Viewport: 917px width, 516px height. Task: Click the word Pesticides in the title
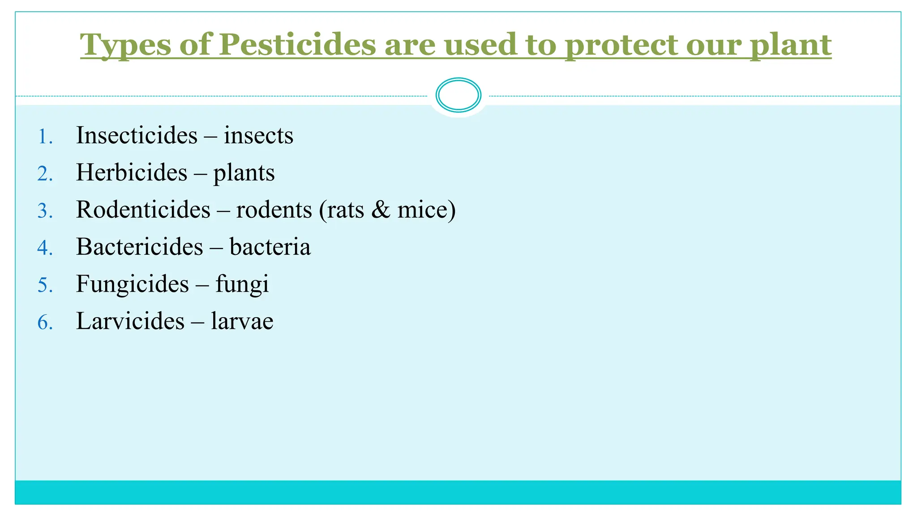click(x=297, y=45)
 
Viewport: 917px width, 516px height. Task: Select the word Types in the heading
click(x=125, y=46)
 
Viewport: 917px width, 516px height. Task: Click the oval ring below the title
click(x=458, y=95)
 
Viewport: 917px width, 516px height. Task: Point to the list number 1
click(x=45, y=136)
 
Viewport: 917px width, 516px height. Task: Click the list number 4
click(x=45, y=248)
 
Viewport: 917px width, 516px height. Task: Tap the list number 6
click(x=45, y=322)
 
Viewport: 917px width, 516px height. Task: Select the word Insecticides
click(x=137, y=135)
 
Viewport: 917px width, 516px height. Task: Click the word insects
click(x=258, y=135)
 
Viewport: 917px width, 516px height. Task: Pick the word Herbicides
click(x=132, y=172)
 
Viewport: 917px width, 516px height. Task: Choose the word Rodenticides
click(x=143, y=210)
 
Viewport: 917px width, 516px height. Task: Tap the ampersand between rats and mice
click(x=381, y=210)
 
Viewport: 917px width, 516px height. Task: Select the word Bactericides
click(x=140, y=247)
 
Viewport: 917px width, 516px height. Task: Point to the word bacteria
click(x=270, y=247)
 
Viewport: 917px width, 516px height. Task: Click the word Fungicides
click(x=133, y=284)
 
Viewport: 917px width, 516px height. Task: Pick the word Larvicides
click(x=130, y=321)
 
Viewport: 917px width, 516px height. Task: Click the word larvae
click(x=242, y=321)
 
